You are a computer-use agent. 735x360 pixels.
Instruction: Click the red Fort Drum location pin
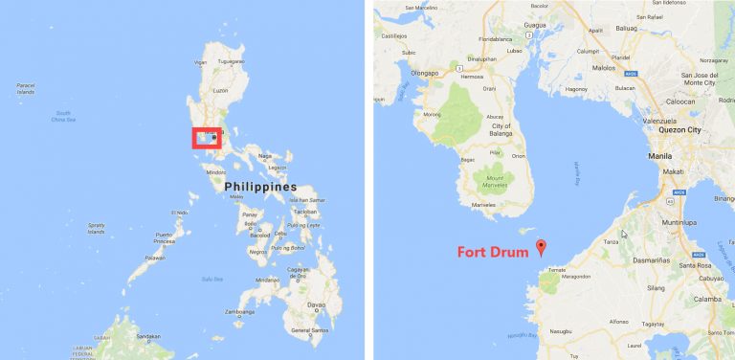pyautogui.click(x=541, y=247)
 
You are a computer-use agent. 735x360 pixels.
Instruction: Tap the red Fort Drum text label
pyautogui.click(x=494, y=253)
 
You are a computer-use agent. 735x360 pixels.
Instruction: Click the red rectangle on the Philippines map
pyautogui.click(x=206, y=140)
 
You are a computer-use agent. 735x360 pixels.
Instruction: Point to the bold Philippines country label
pyautogui.click(x=260, y=188)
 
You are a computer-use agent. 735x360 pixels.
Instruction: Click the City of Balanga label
pyautogui.click(x=501, y=130)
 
